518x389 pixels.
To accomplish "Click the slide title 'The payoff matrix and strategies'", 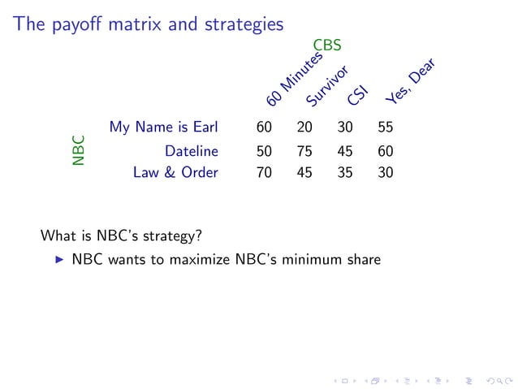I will [148, 24].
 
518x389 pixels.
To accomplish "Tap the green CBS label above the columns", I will [327, 45].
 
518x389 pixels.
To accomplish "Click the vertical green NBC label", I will [78, 150].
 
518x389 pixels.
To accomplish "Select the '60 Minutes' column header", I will [294, 80].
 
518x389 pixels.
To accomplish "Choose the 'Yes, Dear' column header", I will [410, 82].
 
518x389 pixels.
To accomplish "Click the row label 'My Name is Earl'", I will [164, 128].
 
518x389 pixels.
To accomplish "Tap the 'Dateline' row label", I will [192, 150].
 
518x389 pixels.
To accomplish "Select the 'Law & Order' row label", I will [175, 172].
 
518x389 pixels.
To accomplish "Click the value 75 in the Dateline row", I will [304, 150].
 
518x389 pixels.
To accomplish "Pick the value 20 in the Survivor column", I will [304, 128].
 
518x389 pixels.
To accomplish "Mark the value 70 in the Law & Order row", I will [264, 172].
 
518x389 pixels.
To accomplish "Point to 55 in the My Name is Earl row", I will [386, 128].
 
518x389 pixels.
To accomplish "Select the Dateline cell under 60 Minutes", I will [264, 150].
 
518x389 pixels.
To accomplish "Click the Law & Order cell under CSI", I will [345, 172].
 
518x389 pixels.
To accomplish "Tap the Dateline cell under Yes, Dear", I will [386, 150].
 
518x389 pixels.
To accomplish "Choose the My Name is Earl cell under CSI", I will [345, 128].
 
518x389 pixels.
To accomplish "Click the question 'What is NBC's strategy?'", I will [121, 237].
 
